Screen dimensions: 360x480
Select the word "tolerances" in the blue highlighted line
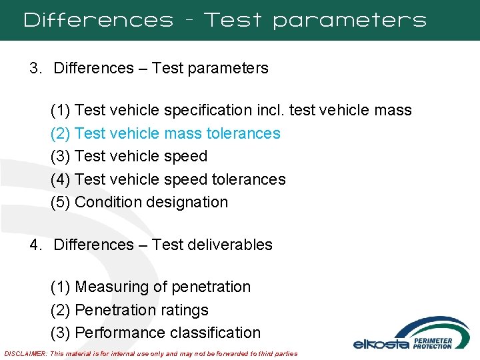click(x=243, y=133)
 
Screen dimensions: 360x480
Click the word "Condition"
click(x=106, y=202)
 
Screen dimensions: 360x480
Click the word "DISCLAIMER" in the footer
click(x=25, y=353)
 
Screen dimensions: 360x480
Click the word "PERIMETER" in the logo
click(x=433, y=340)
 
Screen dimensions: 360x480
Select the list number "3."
click(x=36, y=68)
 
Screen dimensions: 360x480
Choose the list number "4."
click(x=36, y=245)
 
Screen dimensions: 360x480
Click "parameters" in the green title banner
click(x=349, y=20)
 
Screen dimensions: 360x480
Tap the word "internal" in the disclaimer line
click(x=136, y=353)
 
